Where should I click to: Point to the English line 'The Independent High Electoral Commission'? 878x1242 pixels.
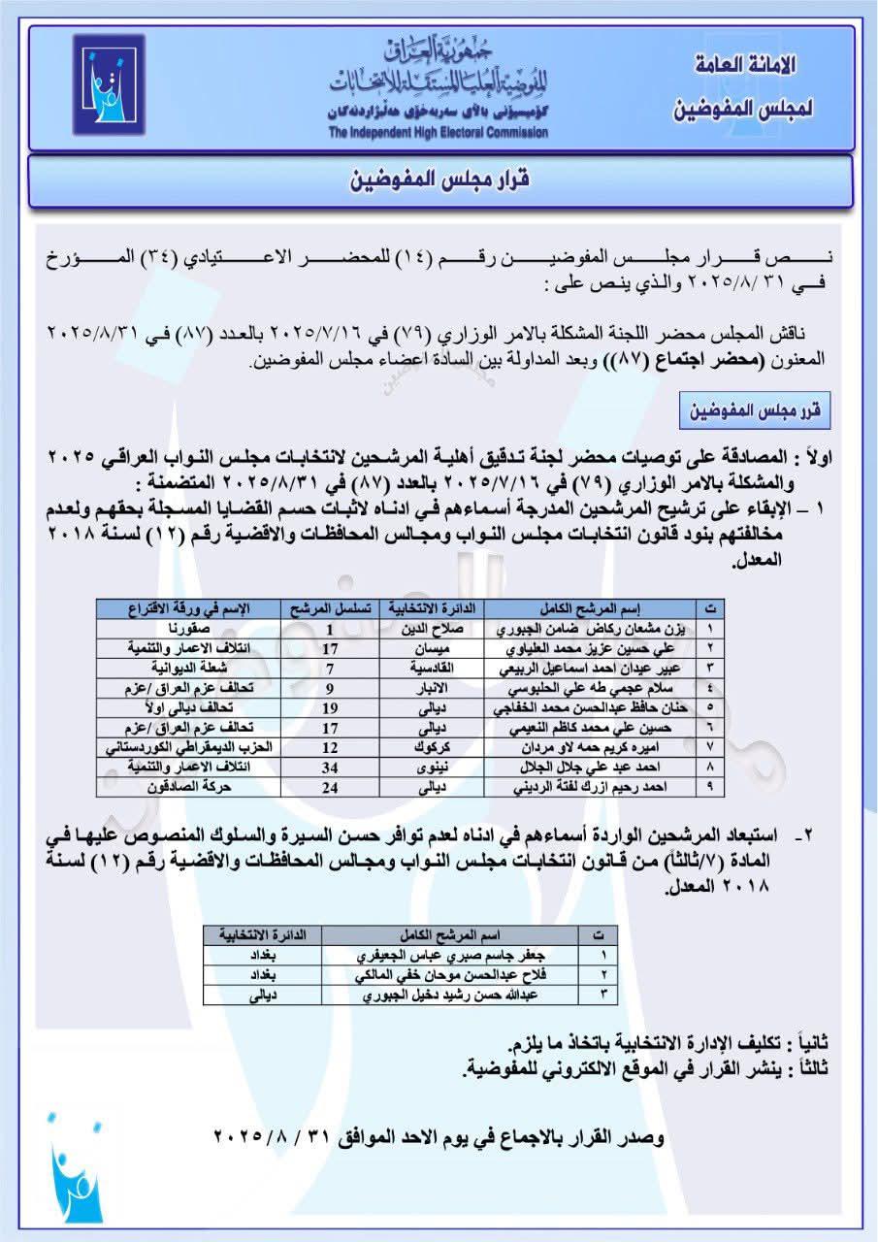click(438, 132)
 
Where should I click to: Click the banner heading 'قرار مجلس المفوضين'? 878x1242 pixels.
click(438, 181)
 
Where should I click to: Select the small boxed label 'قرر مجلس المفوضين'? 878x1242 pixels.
click(770, 411)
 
